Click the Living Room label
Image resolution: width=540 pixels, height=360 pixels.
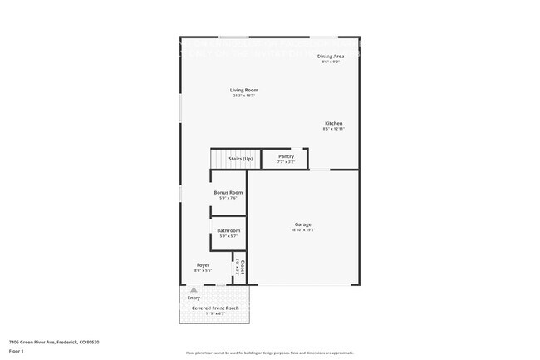(244, 90)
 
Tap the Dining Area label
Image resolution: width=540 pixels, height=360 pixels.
(331, 56)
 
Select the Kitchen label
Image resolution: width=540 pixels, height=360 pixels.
(333, 123)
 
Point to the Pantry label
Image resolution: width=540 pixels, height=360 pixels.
(286, 156)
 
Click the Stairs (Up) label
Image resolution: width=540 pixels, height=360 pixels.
(228, 158)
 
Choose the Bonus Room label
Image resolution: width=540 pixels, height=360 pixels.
(228, 192)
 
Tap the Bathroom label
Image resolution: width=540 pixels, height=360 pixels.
(228, 230)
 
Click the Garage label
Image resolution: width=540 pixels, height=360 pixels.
(302, 224)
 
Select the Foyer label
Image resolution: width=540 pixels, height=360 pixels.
(203, 265)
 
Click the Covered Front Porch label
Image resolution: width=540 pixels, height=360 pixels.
(215, 308)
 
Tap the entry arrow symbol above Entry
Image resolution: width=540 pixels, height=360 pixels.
(194, 290)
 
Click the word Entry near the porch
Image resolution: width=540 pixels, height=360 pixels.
(194, 298)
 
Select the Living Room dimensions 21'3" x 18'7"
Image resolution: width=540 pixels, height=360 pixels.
(244, 96)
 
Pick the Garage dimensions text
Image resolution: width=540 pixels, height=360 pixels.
(302, 230)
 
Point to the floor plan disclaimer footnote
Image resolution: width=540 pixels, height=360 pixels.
(269, 353)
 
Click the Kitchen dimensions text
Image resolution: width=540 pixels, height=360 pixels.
(333, 129)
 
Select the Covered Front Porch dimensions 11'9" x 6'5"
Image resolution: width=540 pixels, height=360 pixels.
(215, 313)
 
